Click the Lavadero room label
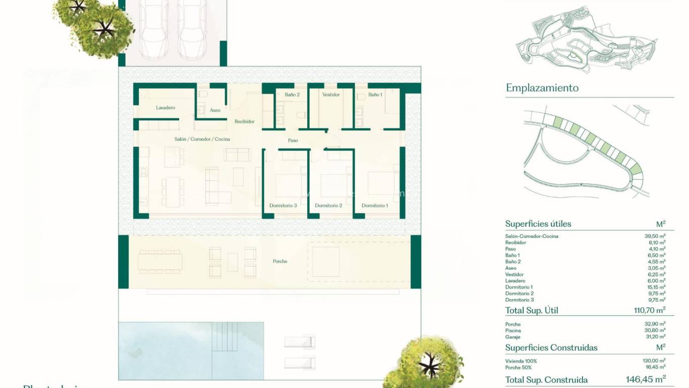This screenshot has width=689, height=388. point(165,108)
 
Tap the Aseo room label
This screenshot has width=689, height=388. point(215,110)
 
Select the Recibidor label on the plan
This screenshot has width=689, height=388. point(245,122)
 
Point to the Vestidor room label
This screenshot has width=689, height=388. point(331,94)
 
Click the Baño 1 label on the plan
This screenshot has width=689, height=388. point(375,94)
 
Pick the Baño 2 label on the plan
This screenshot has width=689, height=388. point(292,94)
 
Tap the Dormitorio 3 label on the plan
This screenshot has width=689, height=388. point(283,206)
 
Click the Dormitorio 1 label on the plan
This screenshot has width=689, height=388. point(375,206)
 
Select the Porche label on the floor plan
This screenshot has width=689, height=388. point(280,261)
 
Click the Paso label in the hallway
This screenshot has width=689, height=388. point(293,140)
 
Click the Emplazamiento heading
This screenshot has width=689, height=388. point(542,88)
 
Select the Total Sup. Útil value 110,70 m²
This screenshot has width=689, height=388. point(650,310)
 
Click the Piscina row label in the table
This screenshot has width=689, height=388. point(513,330)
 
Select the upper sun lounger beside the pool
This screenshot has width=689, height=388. point(300,342)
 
